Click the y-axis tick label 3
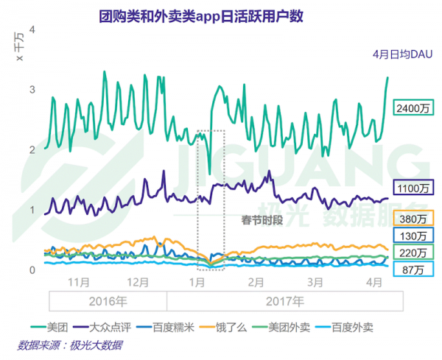[x=32, y=90]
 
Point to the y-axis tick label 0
[x=32, y=270]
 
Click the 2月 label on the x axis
[x=256, y=282]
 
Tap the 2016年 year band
[x=108, y=302]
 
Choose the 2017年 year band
[x=285, y=302]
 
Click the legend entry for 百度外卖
[x=378, y=325]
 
